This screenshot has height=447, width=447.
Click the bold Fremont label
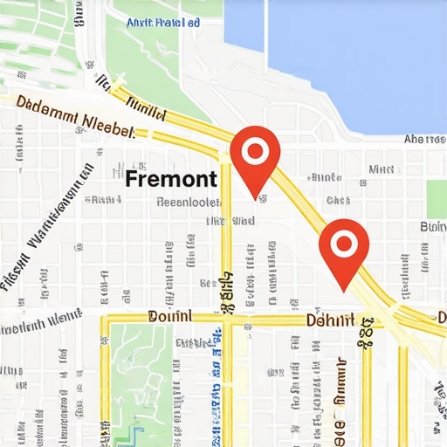pos(171,179)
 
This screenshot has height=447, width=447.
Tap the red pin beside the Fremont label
pos(255,157)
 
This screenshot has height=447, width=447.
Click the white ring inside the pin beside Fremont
pos(255,152)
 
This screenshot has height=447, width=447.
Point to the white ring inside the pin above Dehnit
pos(343,243)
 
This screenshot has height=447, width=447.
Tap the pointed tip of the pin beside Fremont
pos(255,197)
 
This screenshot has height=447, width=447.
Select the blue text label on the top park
pos(160,24)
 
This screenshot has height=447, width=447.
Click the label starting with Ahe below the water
pos(424,139)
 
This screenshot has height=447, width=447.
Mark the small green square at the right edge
pos(437,194)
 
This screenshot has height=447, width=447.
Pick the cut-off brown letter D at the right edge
pos(442,316)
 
